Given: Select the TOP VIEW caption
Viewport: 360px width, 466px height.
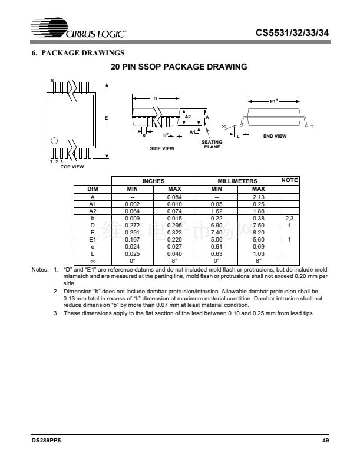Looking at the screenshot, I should click(x=72, y=167).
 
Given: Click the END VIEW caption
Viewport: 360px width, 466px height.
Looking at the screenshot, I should click(x=275, y=136).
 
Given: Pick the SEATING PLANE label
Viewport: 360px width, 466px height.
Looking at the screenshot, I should click(x=211, y=144).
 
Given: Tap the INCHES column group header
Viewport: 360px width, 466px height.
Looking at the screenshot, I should click(x=154, y=181).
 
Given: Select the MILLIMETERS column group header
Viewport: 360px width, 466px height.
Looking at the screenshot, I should click(x=237, y=181).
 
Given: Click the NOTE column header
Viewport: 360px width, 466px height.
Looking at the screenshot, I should click(x=290, y=180).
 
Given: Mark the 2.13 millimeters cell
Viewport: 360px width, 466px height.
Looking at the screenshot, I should click(x=258, y=196).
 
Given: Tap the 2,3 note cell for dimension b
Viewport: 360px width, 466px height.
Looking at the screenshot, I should click(x=289, y=217).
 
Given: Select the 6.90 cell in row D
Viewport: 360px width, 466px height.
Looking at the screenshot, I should click(x=216, y=225).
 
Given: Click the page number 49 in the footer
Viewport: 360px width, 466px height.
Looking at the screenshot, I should click(x=323, y=441).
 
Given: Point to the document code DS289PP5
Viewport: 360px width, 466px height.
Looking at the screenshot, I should click(x=47, y=441).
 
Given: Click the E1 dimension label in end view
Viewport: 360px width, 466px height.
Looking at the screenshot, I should click(x=273, y=101).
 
